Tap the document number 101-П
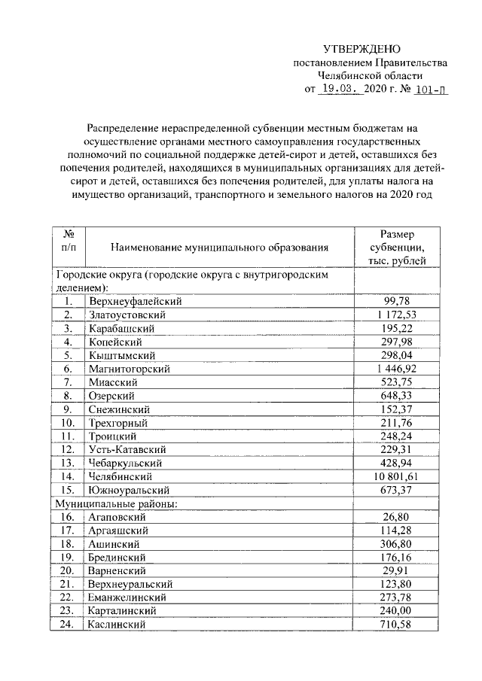point(426,89)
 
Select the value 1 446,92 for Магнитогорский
point(396,369)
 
